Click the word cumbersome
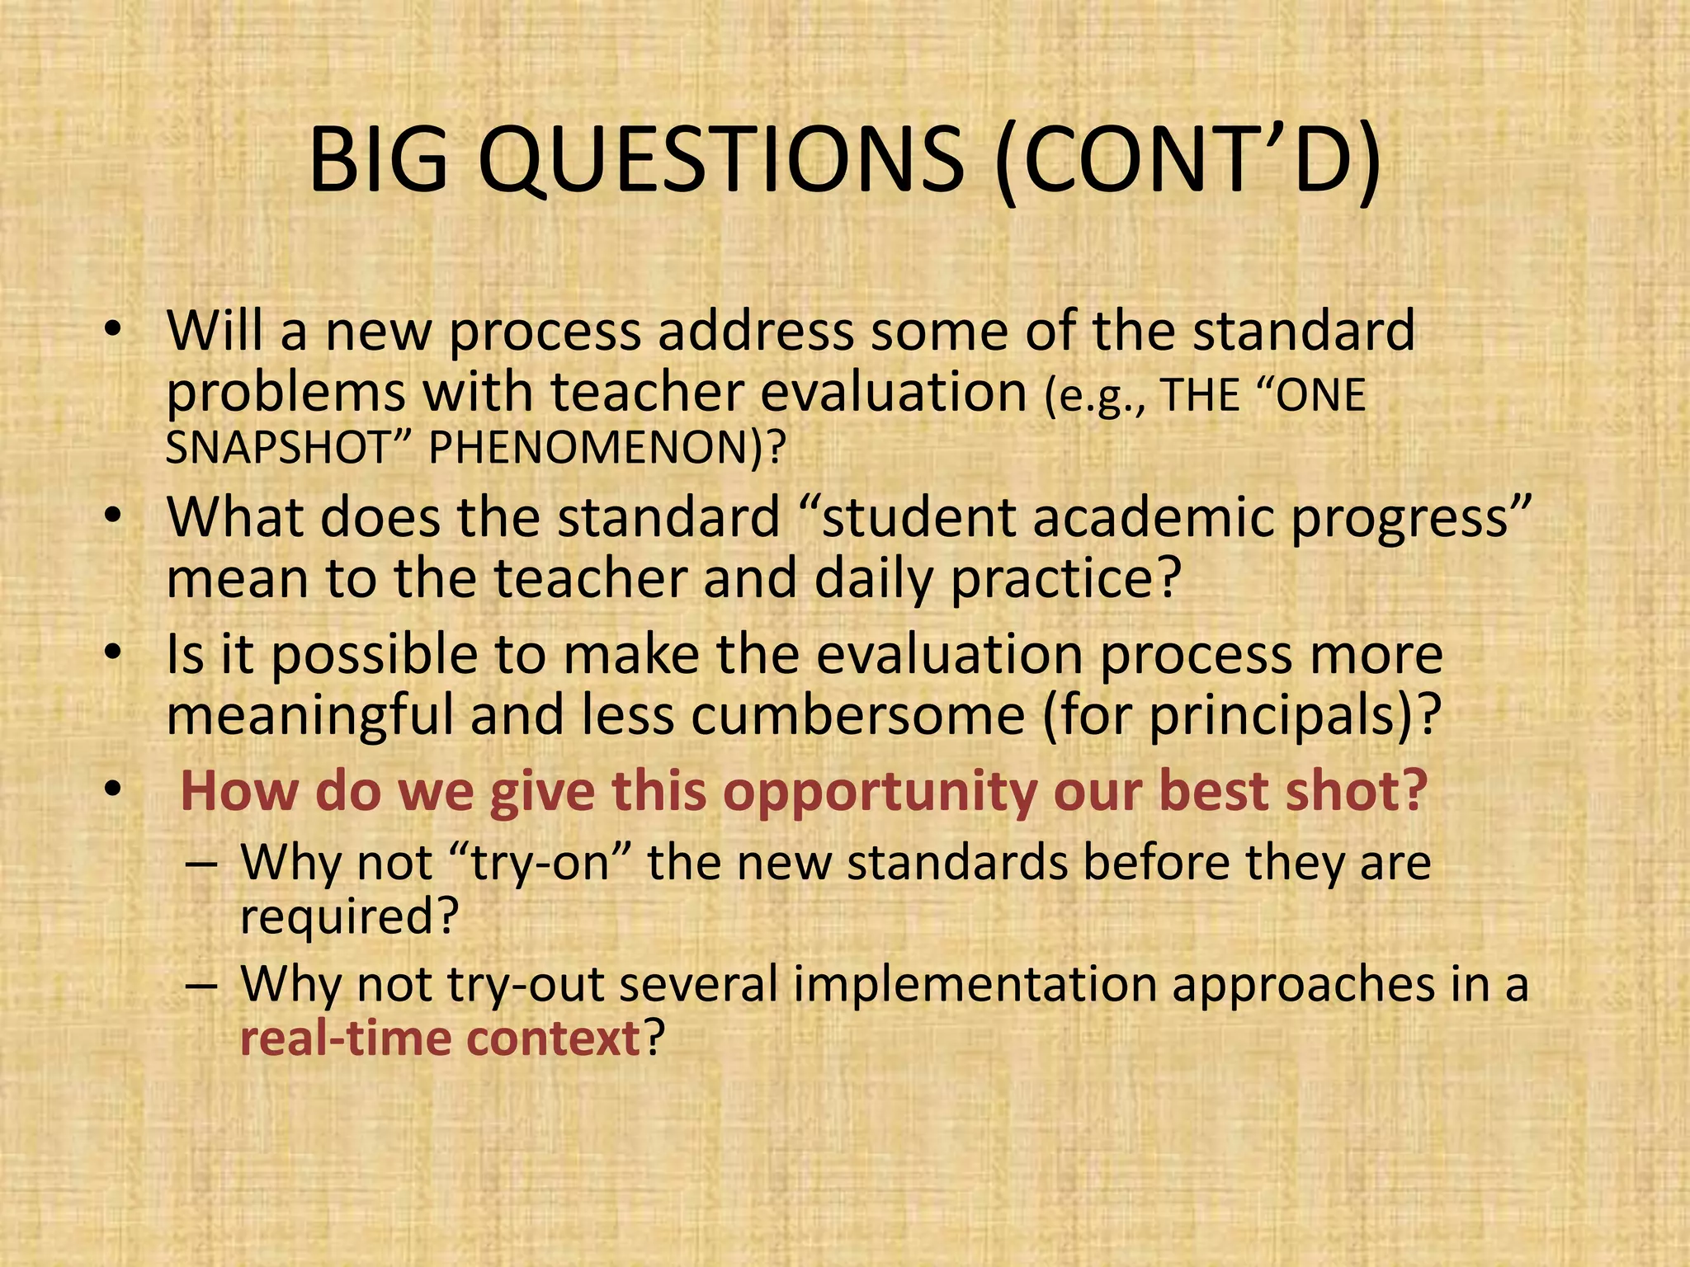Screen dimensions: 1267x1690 857,714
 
